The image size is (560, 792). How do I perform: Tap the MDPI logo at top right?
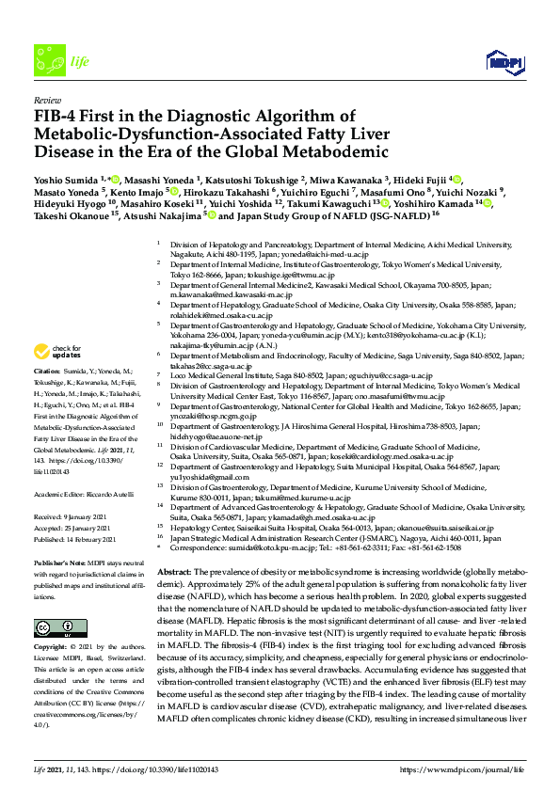[x=504, y=57]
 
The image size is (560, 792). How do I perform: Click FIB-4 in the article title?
[x=58, y=117]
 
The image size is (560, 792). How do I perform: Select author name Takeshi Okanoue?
[x=67, y=215]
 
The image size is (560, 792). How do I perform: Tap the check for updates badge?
[x=57, y=353]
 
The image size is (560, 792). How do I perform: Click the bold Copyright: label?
[x=54, y=622]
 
